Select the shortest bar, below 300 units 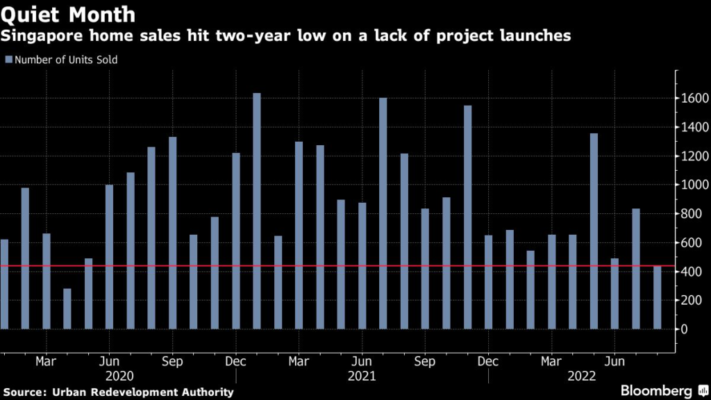67,308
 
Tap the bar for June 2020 109,257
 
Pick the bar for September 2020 172,233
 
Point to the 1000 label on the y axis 694,185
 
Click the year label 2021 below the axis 362,376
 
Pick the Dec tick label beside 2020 236,362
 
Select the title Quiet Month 69,14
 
